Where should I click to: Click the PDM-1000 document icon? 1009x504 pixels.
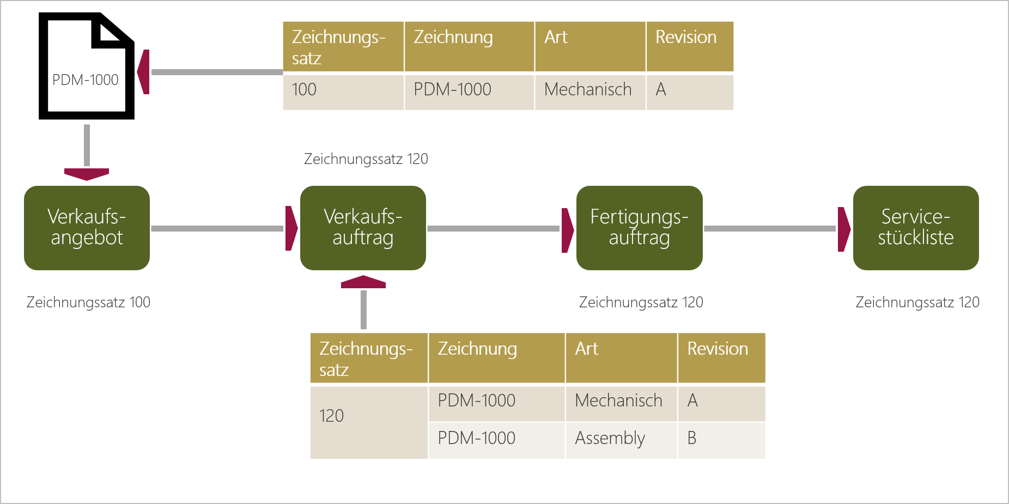86,66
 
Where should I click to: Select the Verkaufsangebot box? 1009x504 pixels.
87,228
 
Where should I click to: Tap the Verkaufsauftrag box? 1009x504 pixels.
363,228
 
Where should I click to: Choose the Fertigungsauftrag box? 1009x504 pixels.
639,228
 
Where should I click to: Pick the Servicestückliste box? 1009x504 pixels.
915,228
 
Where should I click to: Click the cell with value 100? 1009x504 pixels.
343,90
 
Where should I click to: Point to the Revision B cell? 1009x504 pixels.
721,439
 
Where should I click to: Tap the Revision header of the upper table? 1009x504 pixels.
689,46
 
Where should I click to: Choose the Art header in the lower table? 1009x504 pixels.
621,357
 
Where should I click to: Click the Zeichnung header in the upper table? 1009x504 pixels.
469,46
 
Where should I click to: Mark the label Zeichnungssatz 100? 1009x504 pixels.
88,302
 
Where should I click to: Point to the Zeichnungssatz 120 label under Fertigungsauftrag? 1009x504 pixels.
641,302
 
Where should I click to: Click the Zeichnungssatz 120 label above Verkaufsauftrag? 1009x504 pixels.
366,159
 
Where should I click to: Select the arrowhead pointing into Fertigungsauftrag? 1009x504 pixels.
567,230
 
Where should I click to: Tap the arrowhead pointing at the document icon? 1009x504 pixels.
143,72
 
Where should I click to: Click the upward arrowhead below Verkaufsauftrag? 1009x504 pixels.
363,282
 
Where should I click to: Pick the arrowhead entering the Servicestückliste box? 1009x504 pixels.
843,229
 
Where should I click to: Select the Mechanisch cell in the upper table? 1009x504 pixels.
589,90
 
